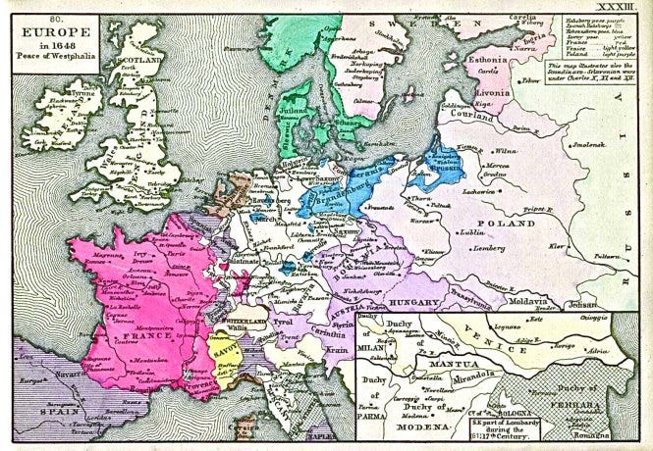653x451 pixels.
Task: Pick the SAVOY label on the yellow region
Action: [227, 351]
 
